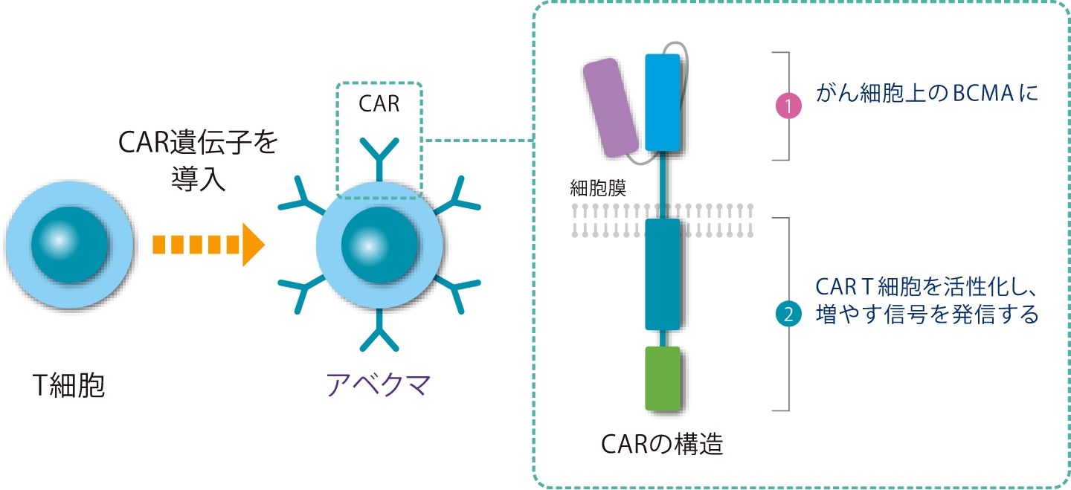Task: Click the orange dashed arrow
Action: pyautogui.click(x=208, y=244)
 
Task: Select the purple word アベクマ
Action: pyautogui.click(x=379, y=384)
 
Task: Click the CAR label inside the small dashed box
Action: pyautogui.click(x=379, y=104)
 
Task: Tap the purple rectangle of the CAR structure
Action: pyautogui.click(x=611, y=108)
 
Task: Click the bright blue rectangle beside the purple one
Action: pyautogui.click(x=662, y=102)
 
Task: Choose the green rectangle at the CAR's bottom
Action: pyautogui.click(x=662, y=378)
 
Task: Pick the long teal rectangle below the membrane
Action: pyautogui.click(x=662, y=274)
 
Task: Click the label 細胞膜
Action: pyautogui.click(x=597, y=187)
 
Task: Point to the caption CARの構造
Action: pyautogui.click(x=662, y=445)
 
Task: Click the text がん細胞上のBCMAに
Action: pyautogui.click(x=927, y=94)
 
